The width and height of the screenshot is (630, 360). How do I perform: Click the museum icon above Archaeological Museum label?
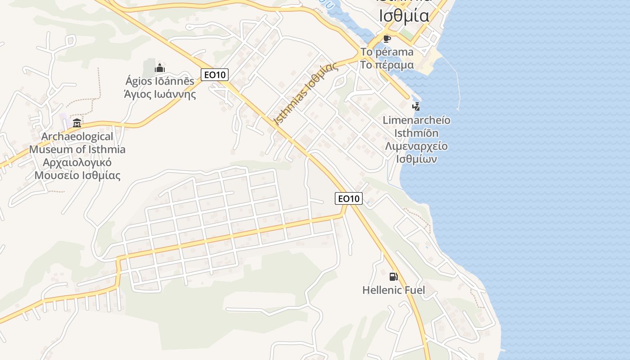77,123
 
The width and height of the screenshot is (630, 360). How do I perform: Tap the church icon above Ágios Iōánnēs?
159,68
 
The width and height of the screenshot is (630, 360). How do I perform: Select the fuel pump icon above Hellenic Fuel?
393,276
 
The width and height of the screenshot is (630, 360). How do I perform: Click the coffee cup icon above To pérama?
387,39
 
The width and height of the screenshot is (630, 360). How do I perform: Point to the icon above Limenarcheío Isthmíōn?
416,107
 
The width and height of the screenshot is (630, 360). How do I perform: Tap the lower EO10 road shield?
349,198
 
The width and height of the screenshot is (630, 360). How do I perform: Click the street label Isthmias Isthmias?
306,94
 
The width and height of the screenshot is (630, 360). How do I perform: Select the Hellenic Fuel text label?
393,290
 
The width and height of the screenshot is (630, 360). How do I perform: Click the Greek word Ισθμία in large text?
404,16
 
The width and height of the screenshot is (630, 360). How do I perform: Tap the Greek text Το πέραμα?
387,65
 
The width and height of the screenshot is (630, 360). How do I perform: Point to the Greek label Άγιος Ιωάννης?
160,94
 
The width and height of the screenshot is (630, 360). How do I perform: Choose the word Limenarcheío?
416,121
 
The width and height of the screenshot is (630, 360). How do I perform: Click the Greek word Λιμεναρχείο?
416,147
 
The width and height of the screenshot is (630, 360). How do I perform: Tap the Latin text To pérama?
387,52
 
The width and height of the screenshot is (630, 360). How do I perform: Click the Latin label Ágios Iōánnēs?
160,81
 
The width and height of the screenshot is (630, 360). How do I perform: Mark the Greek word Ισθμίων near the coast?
416,160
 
